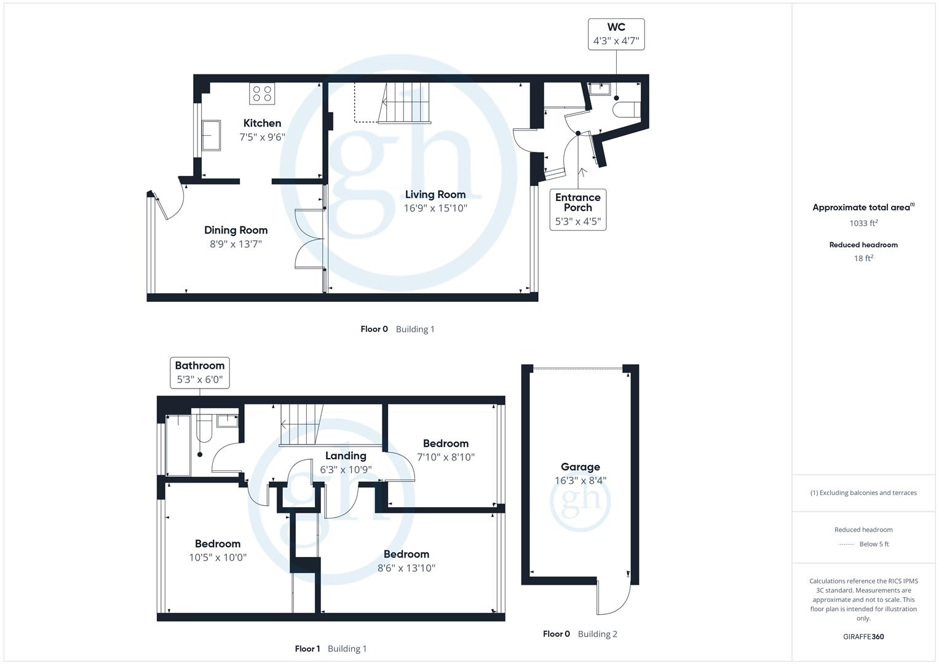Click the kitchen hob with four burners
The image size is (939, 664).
tap(262, 93)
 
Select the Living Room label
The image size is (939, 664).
tap(435, 194)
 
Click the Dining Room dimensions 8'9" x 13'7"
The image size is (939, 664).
tap(236, 244)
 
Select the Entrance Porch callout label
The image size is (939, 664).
tap(577, 209)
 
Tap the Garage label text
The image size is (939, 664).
tap(580, 467)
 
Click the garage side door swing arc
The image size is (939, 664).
tap(615, 599)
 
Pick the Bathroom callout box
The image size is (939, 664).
tap(200, 373)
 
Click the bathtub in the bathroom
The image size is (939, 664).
tap(178, 445)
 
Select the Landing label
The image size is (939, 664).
tap(346, 456)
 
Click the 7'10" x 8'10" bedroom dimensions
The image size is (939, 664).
tap(446, 457)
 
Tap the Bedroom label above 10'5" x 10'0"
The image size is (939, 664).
tap(218, 543)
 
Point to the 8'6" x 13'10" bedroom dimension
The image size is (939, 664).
tap(406, 568)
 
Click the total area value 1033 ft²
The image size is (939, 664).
tap(863, 223)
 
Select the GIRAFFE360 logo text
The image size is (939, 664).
tap(863, 636)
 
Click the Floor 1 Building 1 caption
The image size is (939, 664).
tap(330, 649)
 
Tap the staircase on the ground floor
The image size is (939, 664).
tap(403, 103)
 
